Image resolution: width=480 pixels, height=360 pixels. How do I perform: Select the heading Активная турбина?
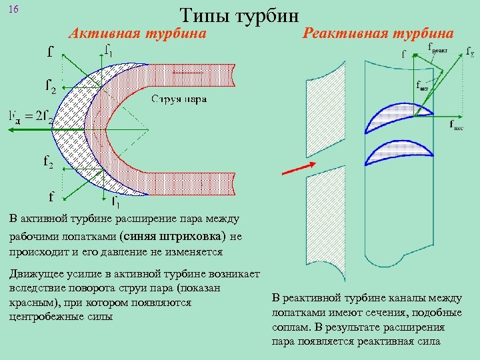click(138, 33)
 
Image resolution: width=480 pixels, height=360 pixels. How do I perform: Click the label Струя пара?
click(179, 99)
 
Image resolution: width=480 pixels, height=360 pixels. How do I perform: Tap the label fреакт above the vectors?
click(437, 47)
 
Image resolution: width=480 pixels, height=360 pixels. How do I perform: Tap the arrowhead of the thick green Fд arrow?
click(9, 130)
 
